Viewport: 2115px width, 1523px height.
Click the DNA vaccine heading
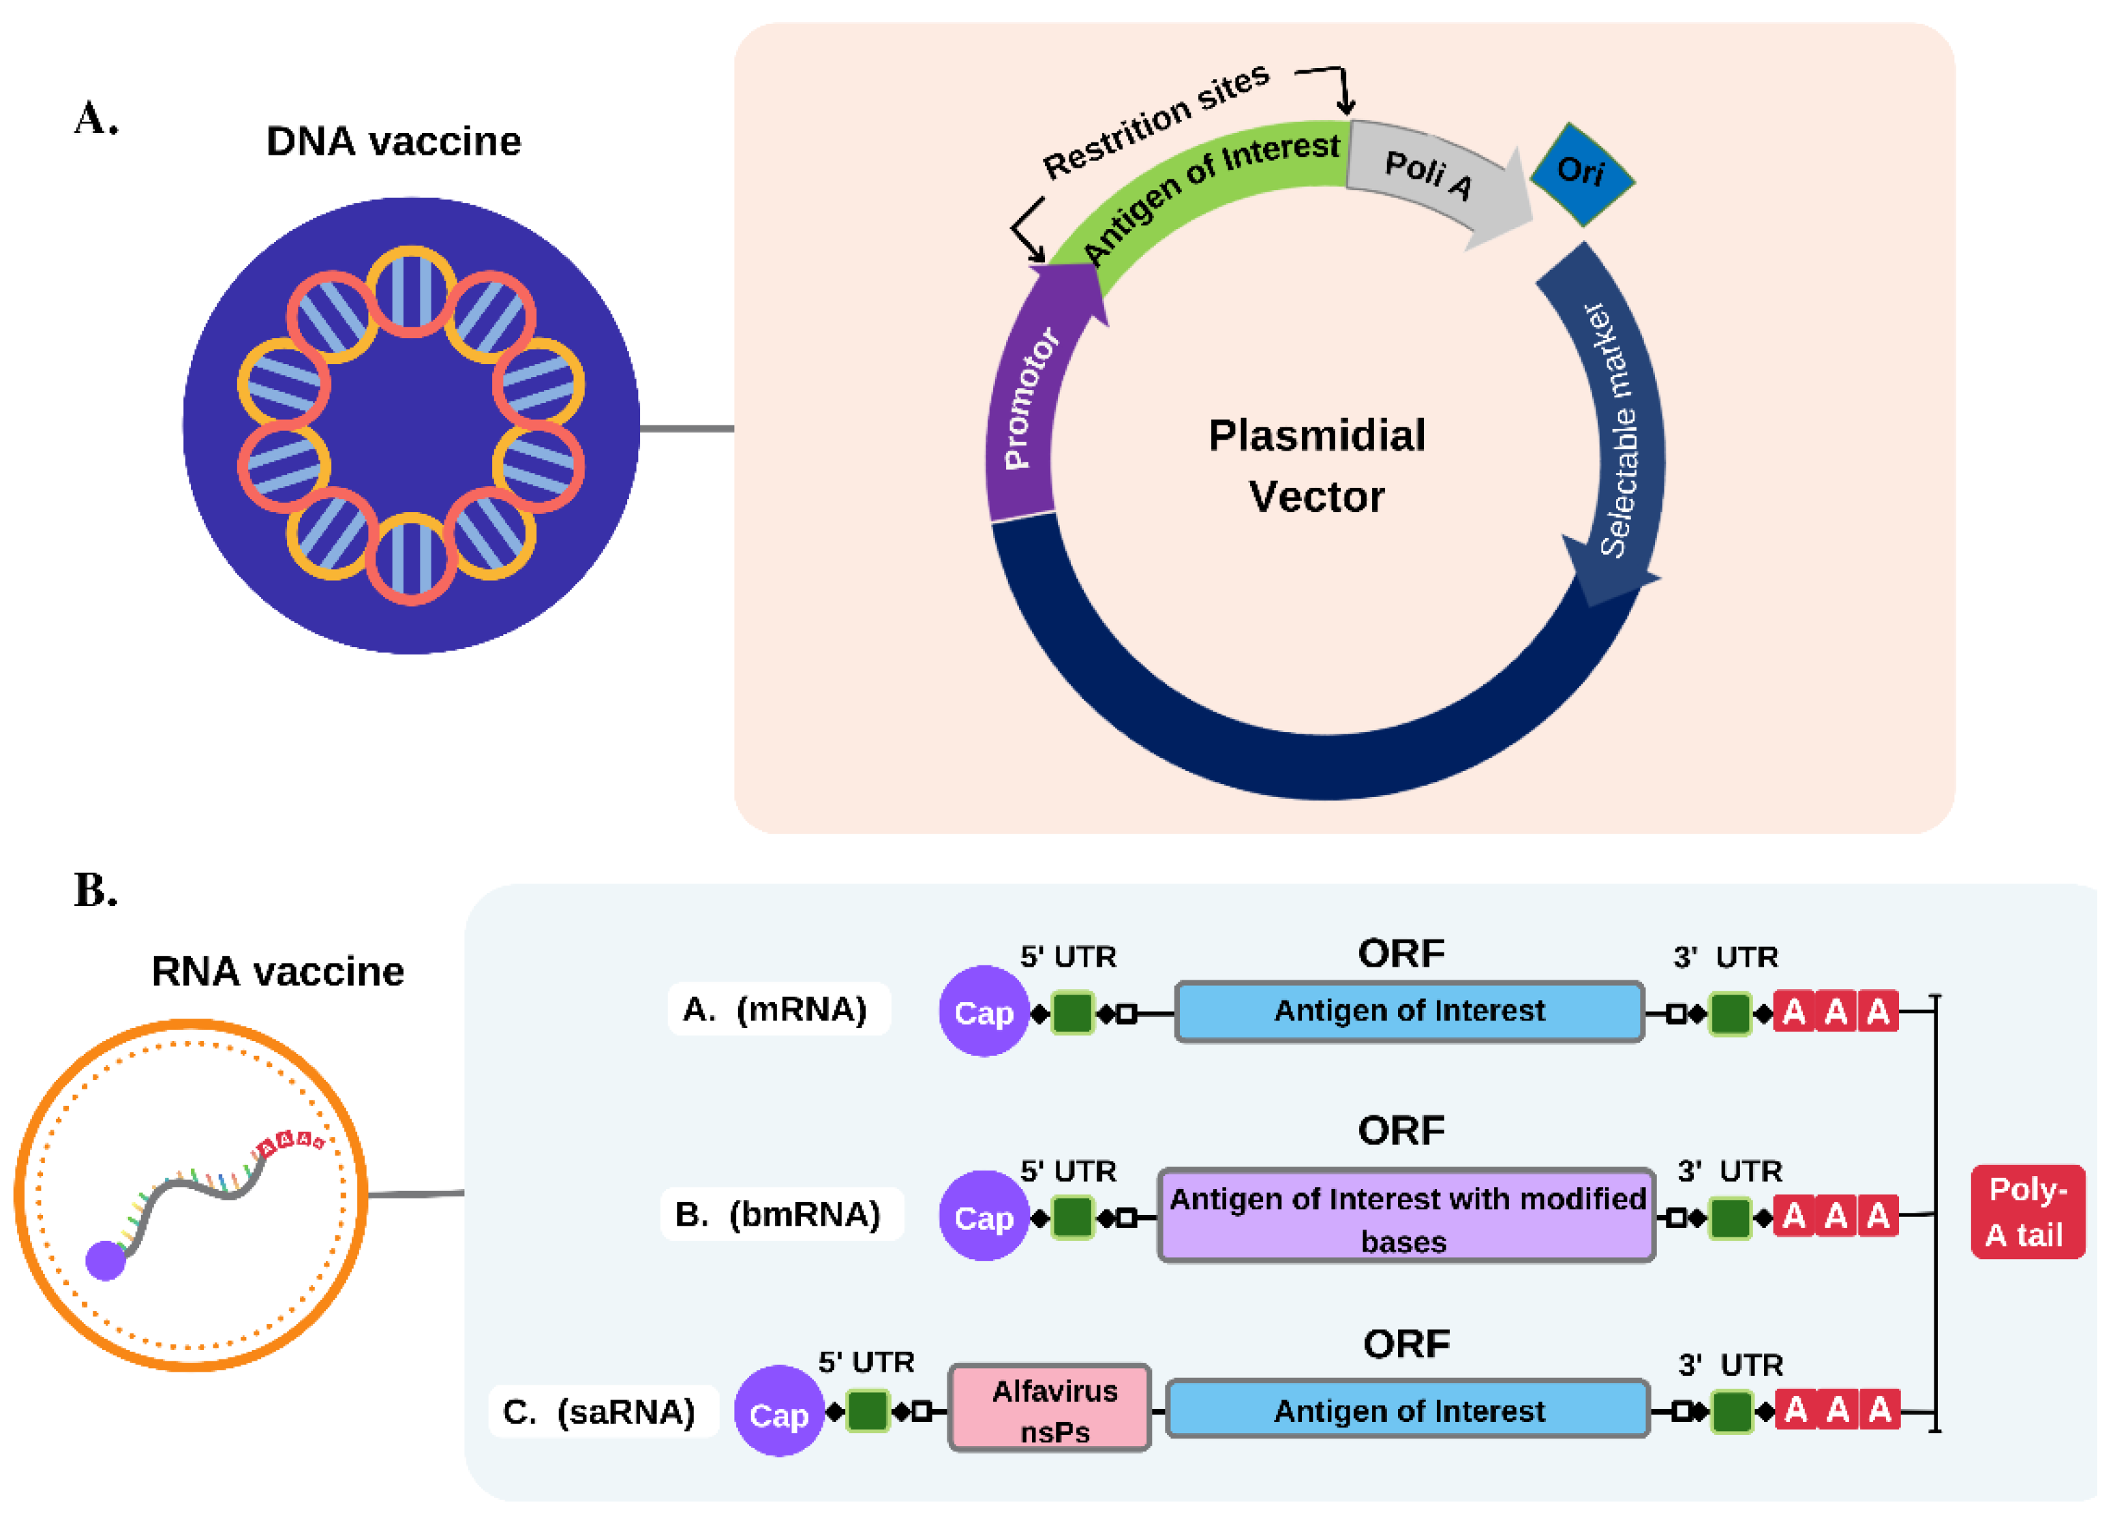(x=393, y=142)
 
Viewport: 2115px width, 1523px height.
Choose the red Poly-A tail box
(x=2027, y=1211)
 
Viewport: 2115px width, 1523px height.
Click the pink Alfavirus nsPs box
(x=1050, y=1409)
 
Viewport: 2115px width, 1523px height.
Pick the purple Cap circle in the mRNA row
(x=983, y=1011)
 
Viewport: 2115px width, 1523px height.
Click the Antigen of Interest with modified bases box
(x=1406, y=1216)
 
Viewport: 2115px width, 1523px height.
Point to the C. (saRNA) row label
(x=600, y=1411)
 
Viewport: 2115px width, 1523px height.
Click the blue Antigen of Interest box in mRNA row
(x=1408, y=1011)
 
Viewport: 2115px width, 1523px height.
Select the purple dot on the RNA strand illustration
(x=106, y=1261)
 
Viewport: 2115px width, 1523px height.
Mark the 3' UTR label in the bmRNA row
(x=1729, y=1171)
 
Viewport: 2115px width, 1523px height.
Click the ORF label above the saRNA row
(x=1406, y=1344)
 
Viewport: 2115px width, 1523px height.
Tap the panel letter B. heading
(x=96, y=890)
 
